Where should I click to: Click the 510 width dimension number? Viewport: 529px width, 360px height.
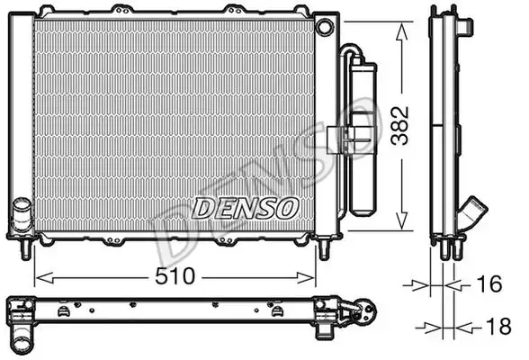click(x=175, y=276)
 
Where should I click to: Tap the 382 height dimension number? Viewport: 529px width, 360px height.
click(x=400, y=125)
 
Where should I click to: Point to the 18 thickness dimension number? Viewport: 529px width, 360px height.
click(x=498, y=327)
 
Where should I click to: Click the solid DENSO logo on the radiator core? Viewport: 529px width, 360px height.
click(x=246, y=208)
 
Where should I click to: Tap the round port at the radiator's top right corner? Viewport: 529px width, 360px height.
click(x=325, y=27)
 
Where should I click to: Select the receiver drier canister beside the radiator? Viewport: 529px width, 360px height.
click(x=363, y=139)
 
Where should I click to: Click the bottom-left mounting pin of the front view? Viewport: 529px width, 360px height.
click(x=26, y=249)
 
